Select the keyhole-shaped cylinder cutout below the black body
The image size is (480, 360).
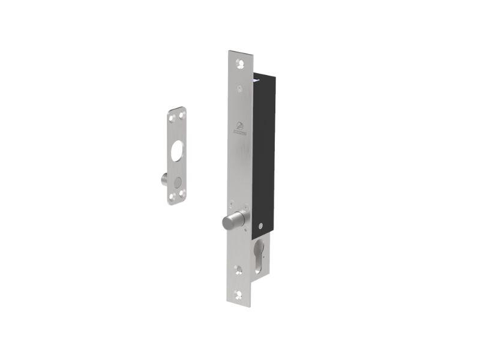tap(259, 254)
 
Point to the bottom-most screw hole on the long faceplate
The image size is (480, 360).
tap(239, 295)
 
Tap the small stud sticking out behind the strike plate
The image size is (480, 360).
tap(163, 179)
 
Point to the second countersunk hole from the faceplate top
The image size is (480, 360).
tap(240, 88)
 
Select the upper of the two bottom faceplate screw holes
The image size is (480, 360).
tap(239, 268)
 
